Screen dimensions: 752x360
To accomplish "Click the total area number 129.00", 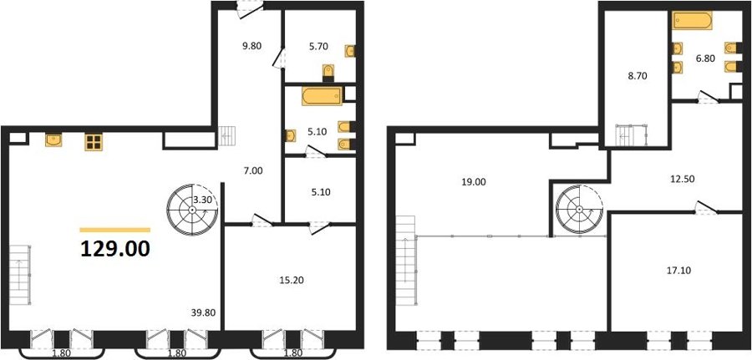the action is coord(115,249).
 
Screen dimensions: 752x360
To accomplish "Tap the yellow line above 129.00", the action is coord(115,230).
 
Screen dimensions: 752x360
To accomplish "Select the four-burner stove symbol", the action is coord(94,142).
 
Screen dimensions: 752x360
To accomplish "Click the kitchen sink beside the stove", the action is coord(53,140).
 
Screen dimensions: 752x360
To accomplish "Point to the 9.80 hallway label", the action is coord(252,47).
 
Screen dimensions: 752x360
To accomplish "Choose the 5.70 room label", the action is coord(317,47).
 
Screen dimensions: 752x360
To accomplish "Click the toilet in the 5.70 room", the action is coord(328,73).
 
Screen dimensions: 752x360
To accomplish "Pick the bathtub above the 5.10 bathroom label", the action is coord(323,96).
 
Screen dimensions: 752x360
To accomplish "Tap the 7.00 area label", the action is coord(252,170).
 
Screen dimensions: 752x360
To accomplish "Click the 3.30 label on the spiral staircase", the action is coord(203,200).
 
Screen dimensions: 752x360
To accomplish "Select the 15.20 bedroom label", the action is coord(290,281).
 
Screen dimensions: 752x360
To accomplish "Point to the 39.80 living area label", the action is coord(203,313).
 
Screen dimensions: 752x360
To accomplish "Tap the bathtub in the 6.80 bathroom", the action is coord(693,21).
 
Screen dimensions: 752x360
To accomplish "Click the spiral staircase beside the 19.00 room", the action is coord(579,210).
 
